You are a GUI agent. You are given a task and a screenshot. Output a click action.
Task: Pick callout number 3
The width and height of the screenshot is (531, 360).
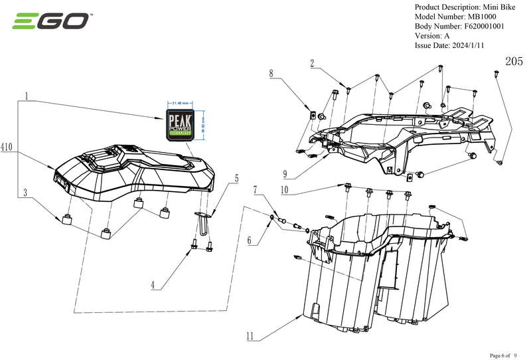pos(27,193)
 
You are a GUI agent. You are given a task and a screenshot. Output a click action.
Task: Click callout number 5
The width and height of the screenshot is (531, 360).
pos(235,179)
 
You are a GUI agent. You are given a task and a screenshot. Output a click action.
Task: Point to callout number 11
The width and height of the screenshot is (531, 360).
pos(250,336)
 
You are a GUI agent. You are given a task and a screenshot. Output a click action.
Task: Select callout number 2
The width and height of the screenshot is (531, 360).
pos(311,63)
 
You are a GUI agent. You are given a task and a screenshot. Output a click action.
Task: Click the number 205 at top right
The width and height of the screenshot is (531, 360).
pos(513,61)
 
